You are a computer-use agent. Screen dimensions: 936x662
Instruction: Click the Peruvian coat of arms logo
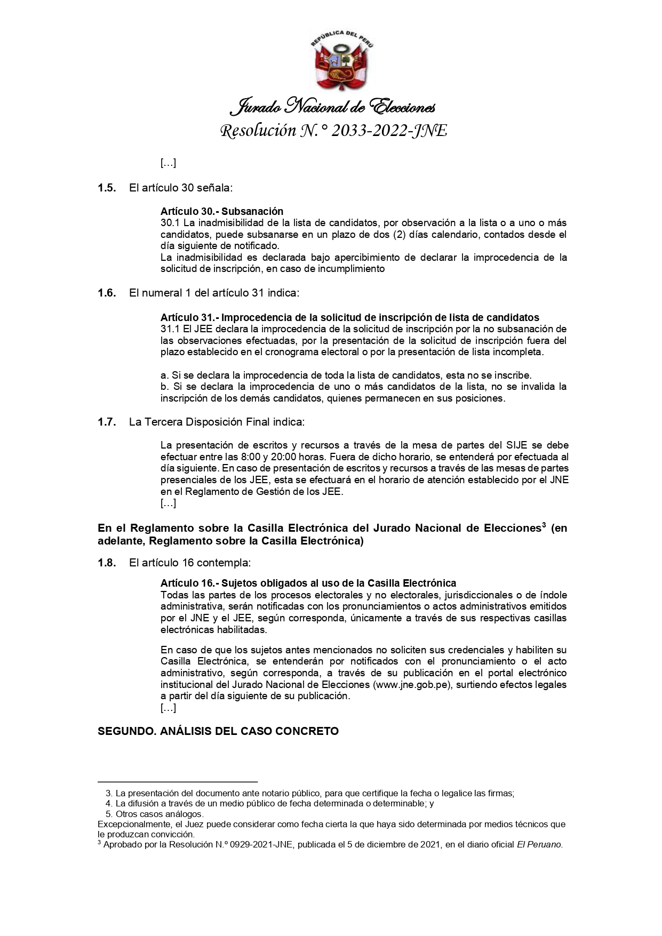point(340,62)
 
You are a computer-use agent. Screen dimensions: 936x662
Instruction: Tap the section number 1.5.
point(107,188)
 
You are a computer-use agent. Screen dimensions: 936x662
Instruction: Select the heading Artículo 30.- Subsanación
point(222,211)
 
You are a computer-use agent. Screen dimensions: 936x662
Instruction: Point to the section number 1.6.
point(107,293)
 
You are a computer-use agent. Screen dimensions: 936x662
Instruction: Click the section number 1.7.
point(107,422)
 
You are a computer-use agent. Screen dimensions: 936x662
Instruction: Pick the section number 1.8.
point(107,563)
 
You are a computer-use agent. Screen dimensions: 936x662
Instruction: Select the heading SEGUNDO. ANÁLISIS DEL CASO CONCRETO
point(218,731)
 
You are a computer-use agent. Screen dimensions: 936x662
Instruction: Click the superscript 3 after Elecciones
point(544,525)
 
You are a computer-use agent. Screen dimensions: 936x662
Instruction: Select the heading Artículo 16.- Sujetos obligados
point(308,583)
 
